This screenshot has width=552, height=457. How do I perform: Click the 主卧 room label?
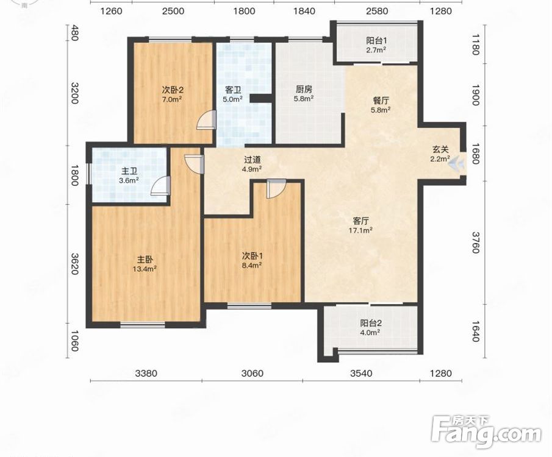145,260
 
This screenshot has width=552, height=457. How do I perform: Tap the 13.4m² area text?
145,269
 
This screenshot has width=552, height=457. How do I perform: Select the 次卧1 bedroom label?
252,256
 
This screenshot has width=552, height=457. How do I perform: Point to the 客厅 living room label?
361,221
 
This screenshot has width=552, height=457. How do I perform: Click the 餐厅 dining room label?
381,101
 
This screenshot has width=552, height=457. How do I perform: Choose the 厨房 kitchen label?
304,90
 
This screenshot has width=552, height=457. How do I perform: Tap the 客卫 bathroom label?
233,90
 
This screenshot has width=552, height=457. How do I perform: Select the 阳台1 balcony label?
376,41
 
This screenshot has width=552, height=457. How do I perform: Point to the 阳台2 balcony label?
371,323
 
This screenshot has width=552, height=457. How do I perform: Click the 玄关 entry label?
440,149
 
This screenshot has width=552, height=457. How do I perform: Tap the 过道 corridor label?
253,160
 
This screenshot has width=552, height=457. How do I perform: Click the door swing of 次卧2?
206,119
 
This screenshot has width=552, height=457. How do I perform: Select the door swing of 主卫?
160,186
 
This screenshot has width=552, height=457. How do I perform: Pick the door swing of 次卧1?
276,189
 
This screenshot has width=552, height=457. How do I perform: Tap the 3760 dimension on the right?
476,243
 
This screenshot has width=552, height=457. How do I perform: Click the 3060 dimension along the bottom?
253,373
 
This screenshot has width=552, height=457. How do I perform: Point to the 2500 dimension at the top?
173,11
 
